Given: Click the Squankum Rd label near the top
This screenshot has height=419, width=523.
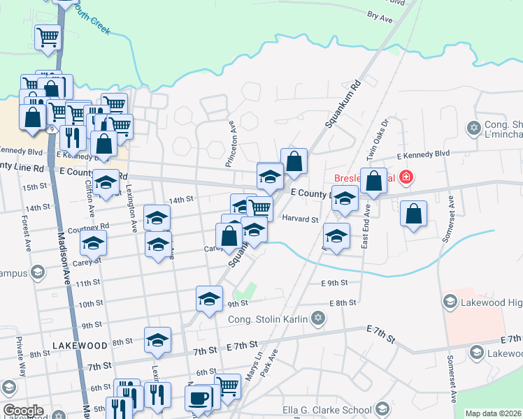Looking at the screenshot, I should point(342,105).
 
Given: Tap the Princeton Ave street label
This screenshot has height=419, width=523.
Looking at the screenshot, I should point(231,144).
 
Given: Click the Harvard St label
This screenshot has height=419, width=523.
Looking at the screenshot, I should point(300,219).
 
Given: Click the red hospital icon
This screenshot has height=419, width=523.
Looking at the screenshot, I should point(406,178).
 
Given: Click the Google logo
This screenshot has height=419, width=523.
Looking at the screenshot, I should point(23,411).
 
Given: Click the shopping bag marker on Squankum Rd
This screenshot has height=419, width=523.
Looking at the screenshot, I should point(294,161).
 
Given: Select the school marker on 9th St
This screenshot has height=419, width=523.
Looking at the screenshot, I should point(208,299).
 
